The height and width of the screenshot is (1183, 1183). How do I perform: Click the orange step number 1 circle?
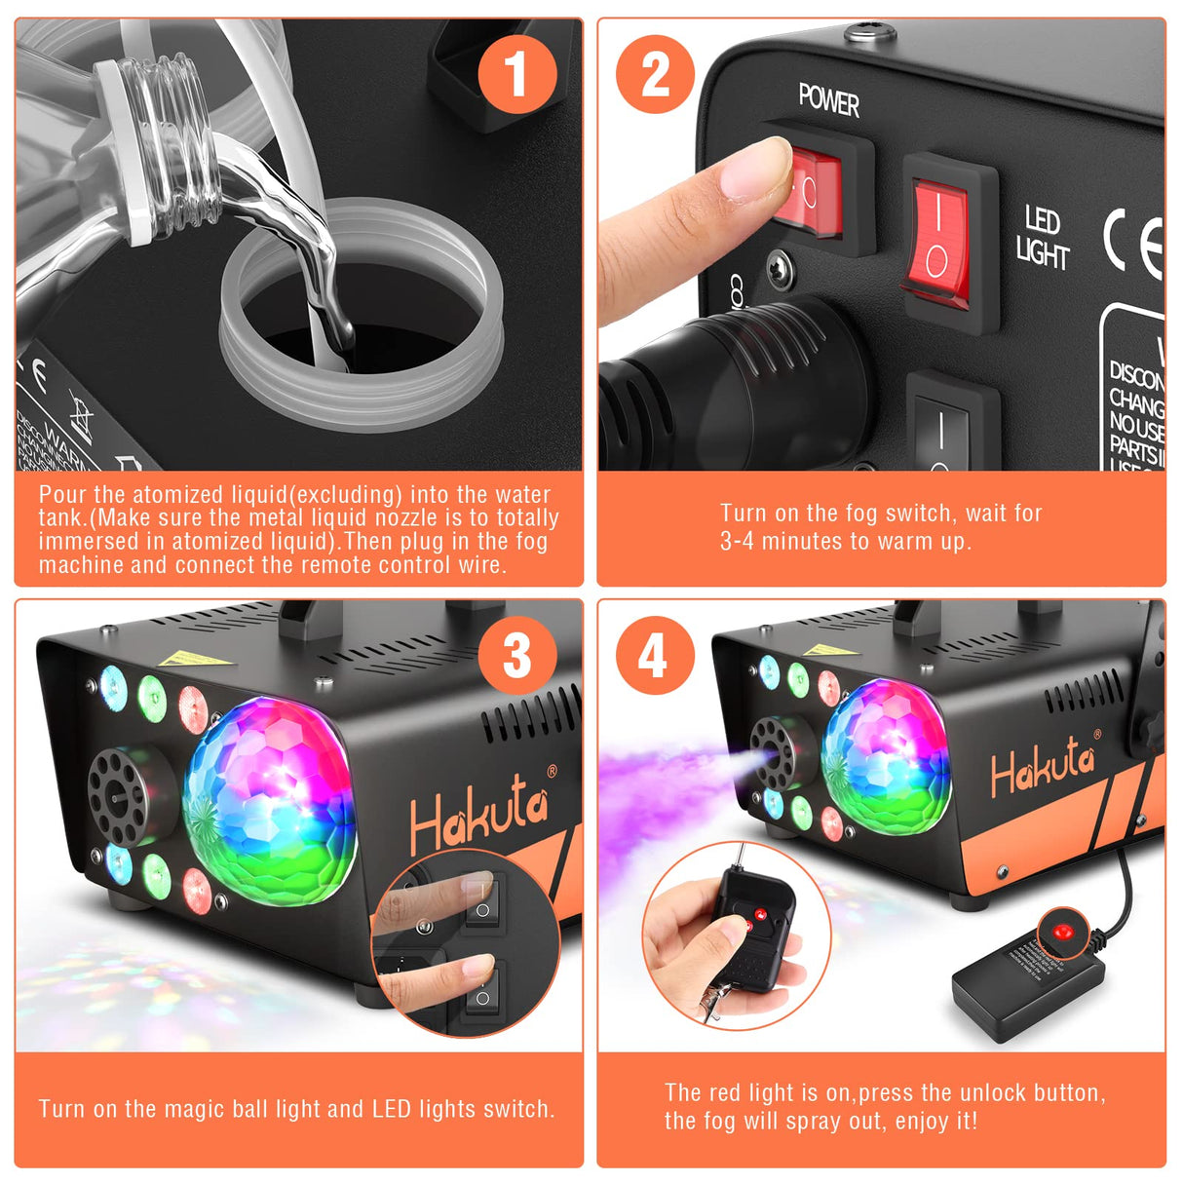[x=516, y=74]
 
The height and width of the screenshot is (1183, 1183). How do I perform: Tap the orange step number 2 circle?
[x=656, y=74]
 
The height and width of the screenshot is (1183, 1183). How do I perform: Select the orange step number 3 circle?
[x=516, y=655]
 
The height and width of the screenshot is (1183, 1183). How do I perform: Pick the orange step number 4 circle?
[x=655, y=655]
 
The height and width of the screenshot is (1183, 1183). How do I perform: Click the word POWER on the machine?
[x=828, y=100]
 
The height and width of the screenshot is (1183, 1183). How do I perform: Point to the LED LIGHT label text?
[x=1042, y=238]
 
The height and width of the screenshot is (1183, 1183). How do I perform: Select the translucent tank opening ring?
[x=361, y=317]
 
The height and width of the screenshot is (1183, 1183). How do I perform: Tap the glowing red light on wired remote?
[x=1061, y=931]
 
